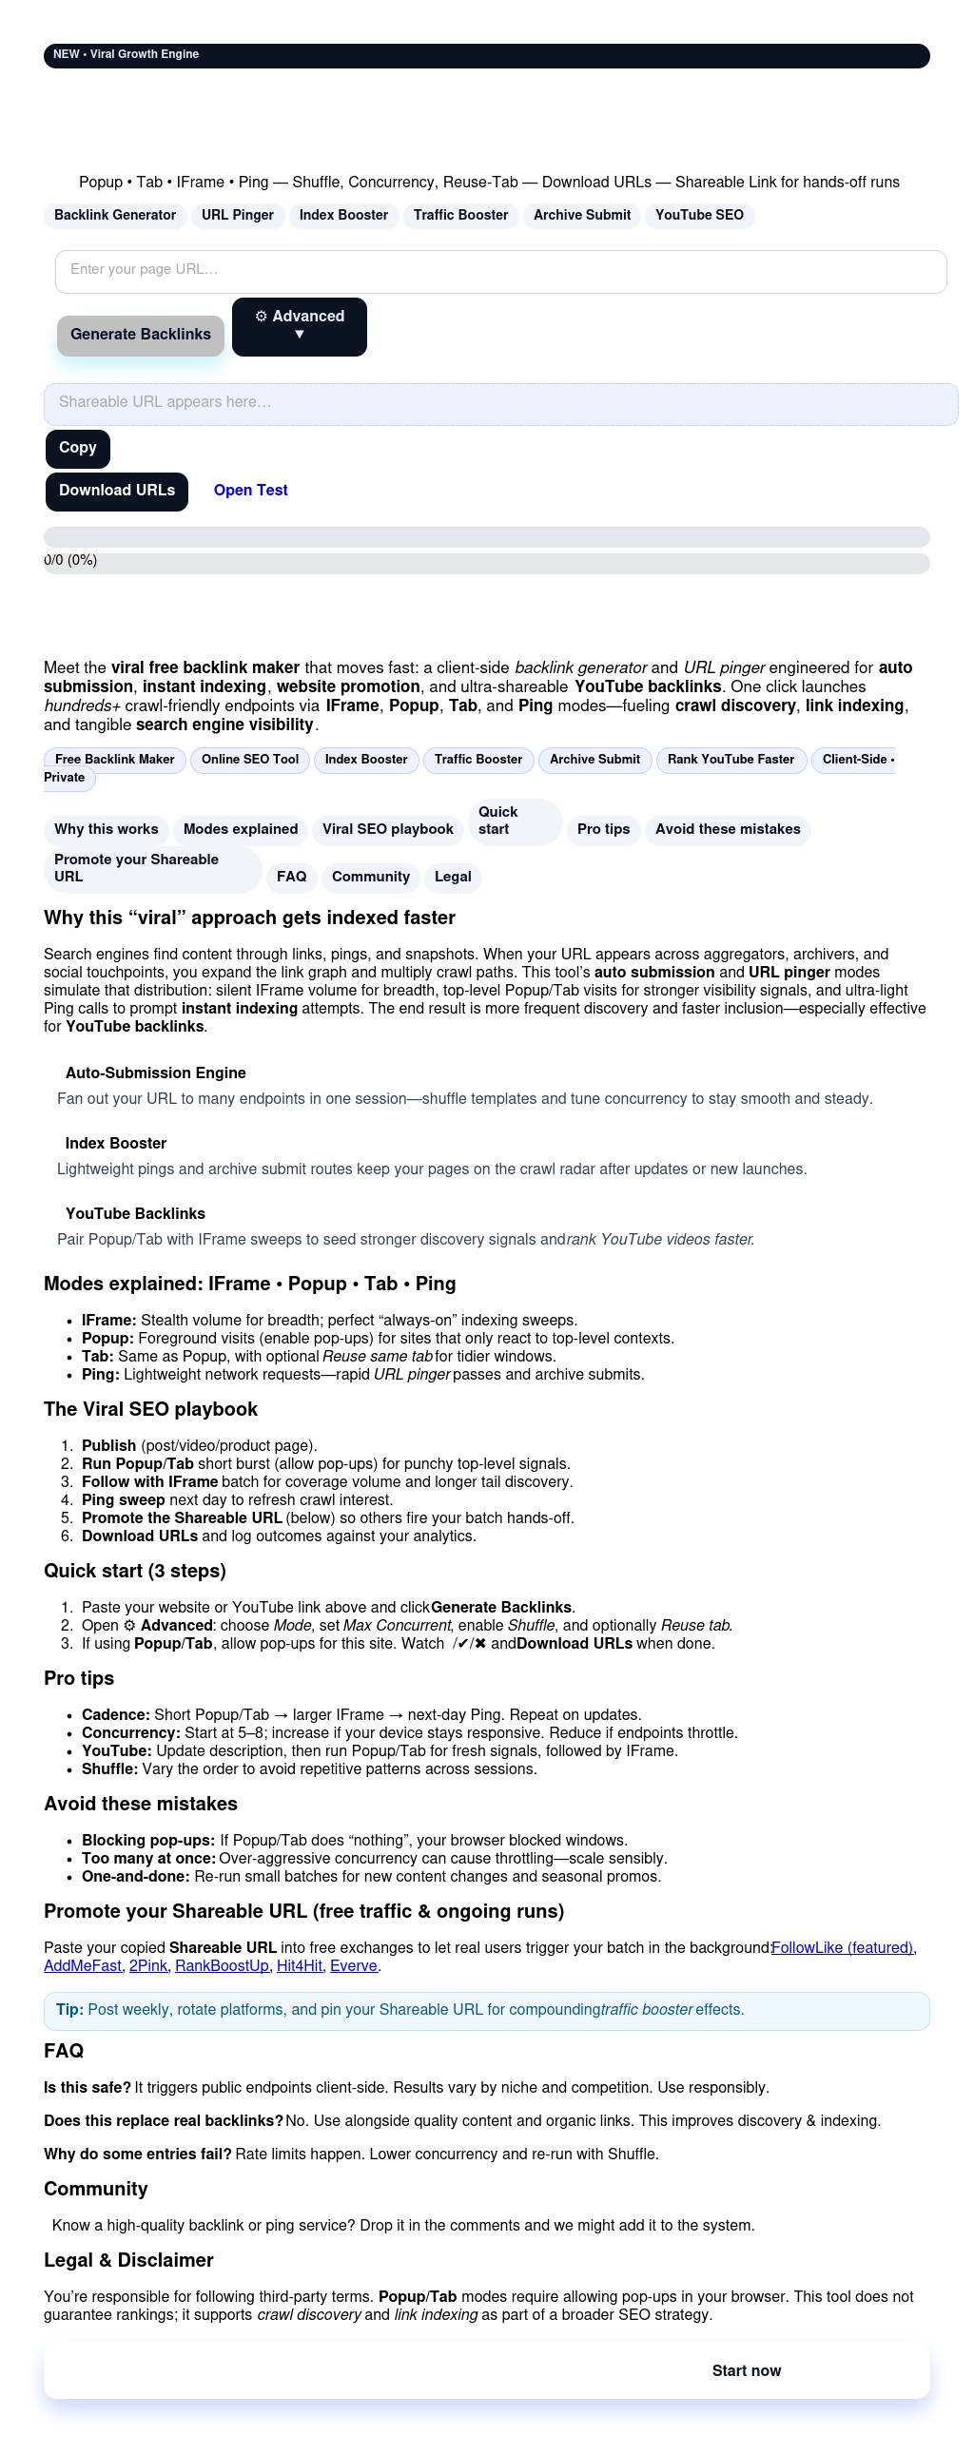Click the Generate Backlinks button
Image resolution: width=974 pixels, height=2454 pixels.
140,336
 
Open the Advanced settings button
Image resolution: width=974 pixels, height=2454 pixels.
300,327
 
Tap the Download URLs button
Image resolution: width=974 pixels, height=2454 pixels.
116,492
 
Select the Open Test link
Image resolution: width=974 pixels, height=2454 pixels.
251,491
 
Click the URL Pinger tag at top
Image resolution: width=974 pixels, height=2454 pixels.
237,215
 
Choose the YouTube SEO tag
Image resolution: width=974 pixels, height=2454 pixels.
699,215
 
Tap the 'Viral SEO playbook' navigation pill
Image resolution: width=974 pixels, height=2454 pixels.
388,830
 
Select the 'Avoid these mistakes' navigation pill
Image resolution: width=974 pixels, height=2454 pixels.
727,830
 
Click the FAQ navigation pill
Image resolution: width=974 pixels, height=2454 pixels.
292,878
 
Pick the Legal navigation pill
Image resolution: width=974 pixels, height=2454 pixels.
453,878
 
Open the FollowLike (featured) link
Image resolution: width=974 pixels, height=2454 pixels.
843,1948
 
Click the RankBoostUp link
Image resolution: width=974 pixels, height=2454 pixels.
222,1966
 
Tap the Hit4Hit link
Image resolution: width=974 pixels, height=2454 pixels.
300,1966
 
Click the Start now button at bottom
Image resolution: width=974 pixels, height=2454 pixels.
747,2371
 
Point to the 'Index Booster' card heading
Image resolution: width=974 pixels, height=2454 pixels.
116,1144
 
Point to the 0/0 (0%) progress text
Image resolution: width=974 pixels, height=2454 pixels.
71,561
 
